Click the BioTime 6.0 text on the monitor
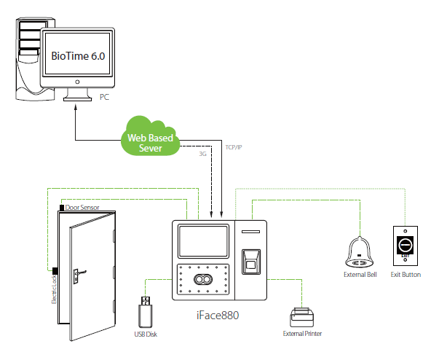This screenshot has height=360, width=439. pyautogui.click(x=77, y=55)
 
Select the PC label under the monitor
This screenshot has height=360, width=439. pyautogui.click(x=105, y=95)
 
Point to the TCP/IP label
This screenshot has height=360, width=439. pyautogui.click(x=234, y=148)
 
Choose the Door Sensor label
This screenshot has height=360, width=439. pyautogui.click(x=82, y=208)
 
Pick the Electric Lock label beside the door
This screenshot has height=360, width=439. pyautogui.click(x=53, y=289)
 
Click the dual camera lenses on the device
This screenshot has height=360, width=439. pyautogui.click(x=201, y=280)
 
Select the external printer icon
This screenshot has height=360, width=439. pyautogui.click(x=301, y=316)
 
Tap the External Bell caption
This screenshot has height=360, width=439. pyautogui.click(x=360, y=275)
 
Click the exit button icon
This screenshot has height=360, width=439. pyautogui.click(x=405, y=246)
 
